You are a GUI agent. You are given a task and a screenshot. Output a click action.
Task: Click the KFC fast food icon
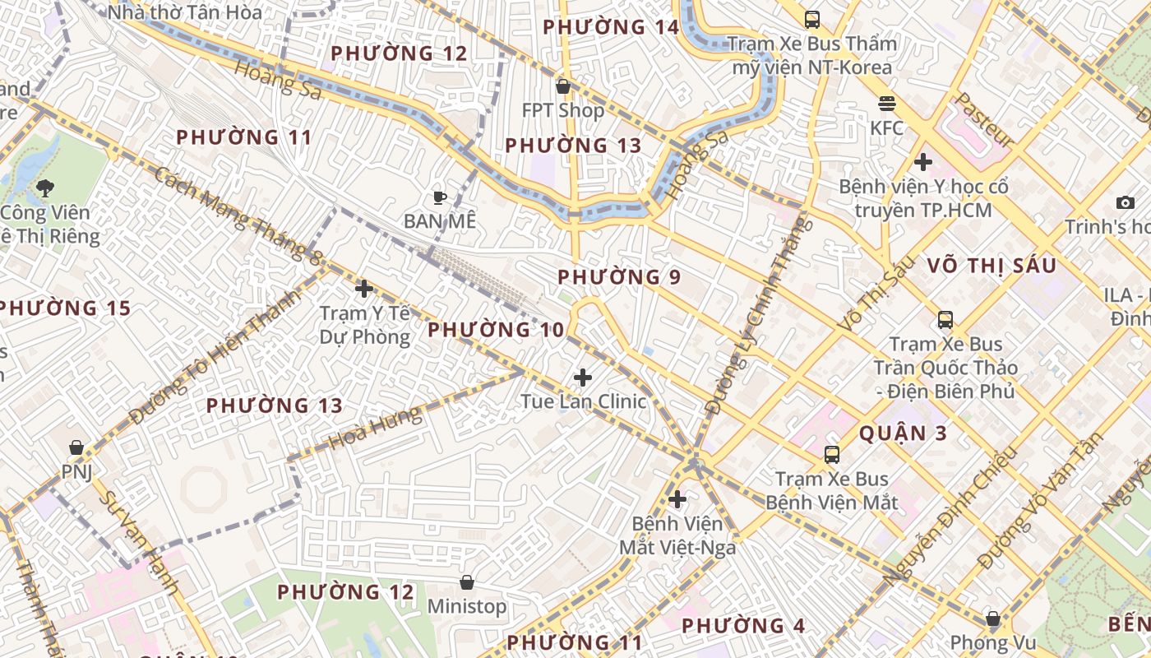[x=886, y=104]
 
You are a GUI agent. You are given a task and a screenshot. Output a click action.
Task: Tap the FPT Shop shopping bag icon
[x=563, y=86]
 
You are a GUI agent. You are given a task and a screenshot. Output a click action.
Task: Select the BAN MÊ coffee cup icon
[x=440, y=197]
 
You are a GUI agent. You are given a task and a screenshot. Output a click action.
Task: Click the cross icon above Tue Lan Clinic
[x=583, y=378]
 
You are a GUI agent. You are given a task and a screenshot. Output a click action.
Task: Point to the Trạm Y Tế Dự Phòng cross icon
[x=364, y=289]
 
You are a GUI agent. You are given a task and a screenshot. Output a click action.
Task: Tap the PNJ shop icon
[x=76, y=447]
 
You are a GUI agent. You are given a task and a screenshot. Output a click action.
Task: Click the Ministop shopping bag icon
[x=467, y=582]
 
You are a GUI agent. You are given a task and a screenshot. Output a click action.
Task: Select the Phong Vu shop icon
[x=993, y=618]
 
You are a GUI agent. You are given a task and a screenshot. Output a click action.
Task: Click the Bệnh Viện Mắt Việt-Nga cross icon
[x=677, y=498]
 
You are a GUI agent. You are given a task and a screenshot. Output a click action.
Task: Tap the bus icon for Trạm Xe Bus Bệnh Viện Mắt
[x=832, y=454]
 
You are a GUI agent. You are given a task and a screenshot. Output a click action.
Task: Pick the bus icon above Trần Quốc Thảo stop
[x=945, y=319]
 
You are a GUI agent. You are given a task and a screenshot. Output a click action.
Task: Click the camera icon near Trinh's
[x=1125, y=202]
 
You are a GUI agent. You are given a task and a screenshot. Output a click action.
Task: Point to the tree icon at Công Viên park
[x=45, y=188]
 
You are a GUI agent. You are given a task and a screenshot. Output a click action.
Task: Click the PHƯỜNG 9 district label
[x=619, y=277]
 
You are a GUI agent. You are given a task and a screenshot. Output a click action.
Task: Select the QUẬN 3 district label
[x=903, y=433]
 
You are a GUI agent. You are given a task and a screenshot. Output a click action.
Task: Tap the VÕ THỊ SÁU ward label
[x=992, y=266]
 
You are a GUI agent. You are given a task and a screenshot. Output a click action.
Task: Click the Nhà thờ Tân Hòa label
[x=185, y=12]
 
